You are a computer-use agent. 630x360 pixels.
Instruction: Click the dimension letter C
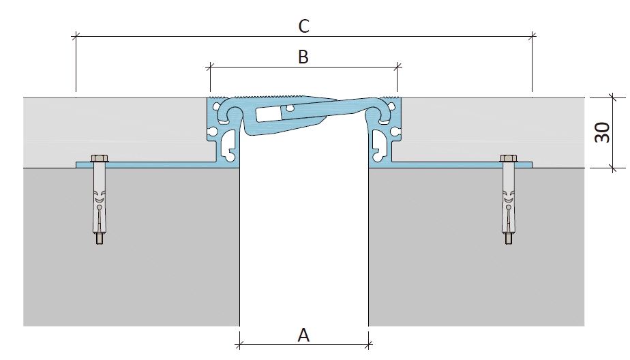tap(304, 26)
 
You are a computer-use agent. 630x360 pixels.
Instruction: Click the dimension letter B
tap(303, 57)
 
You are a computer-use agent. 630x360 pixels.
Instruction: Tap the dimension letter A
tap(303, 335)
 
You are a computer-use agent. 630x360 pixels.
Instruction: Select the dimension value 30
tap(602, 132)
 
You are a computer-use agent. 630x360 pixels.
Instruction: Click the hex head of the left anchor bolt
tap(100, 158)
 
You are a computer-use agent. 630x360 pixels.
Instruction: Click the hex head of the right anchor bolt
tap(508, 158)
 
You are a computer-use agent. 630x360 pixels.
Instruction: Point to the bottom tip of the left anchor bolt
tap(100, 243)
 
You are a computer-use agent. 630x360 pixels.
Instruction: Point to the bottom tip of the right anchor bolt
tap(508, 243)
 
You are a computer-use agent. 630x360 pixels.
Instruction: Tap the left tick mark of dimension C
tap(76, 36)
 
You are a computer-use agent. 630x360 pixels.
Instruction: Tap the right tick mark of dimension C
tap(532, 36)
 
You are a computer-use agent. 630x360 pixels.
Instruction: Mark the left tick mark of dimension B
tap(210, 67)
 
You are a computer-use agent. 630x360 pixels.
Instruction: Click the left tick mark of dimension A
tap(239, 344)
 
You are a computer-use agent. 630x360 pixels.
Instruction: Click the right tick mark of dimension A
tap(368, 344)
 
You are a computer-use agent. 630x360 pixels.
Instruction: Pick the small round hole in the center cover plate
tap(288, 108)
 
